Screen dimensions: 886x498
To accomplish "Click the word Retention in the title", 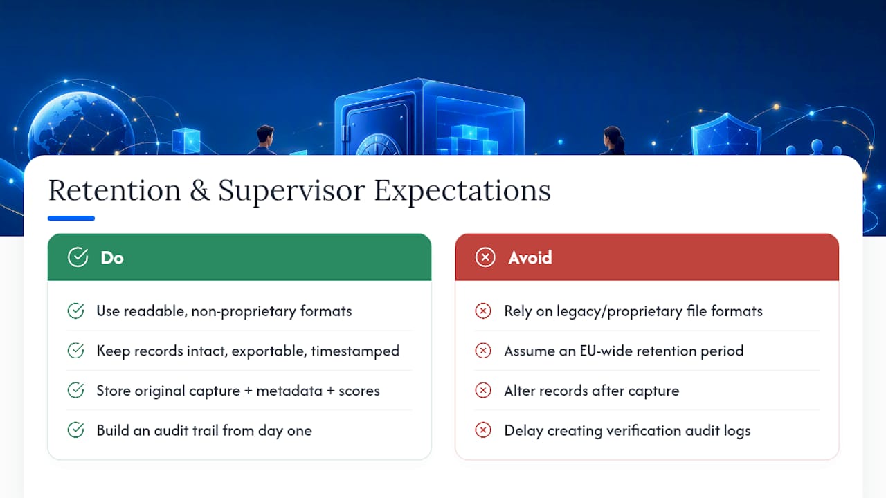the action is pyautogui.click(x=115, y=190).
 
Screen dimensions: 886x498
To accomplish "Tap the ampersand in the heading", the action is pyautogui.click(x=200, y=190).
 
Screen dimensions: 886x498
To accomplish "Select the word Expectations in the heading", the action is pyautogui.click(x=462, y=192).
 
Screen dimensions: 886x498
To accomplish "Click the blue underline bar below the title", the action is pyautogui.click(x=71, y=218).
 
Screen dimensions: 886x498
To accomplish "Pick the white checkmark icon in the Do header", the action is pyautogui.click(x=78, y=257).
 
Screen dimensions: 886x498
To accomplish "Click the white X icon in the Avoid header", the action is pyautogui.click(x=485, y=257).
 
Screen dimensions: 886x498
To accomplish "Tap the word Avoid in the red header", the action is pyautogui.click(x=530, y=258).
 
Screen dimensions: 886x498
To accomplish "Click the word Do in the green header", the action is pyautogui.click(x=112, y=258).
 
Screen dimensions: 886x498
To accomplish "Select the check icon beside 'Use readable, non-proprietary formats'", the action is pyautogui.click(x=75, y=311).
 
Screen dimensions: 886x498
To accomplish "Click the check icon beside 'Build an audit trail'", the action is pyautogui.click(x=75, y=430).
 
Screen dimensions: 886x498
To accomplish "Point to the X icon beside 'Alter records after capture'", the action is pyautogui.click(x=483, y=390).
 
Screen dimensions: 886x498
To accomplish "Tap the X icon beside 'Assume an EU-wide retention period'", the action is pyautogui.click(x=483, y=350).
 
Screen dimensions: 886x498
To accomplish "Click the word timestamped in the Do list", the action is pyautogui.click(x=355, y=351).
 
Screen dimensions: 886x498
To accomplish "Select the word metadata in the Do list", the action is pyautogui.click(x=289, y=391).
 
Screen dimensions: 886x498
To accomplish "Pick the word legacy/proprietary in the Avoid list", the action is pyautogui.click(x=620, y=311).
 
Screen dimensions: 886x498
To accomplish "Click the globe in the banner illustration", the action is pyautogui.click(x=81, y=124).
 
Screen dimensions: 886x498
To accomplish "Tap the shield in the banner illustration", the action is pyautogui.click(x=726, y=134).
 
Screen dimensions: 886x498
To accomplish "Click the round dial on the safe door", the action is pyautogui.click(x=379, y=145).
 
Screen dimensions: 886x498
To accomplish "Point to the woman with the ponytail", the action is pyautogui.click(x=613, y=140).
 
